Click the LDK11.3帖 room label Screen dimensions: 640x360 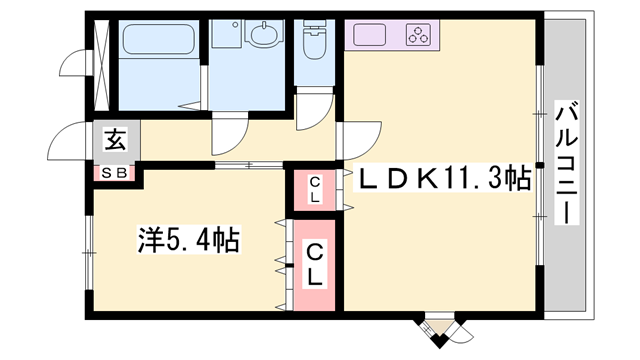[x=445, y=179]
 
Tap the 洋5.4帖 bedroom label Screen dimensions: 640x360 [x=189, y=240]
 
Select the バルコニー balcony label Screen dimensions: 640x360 [x=567, y=164]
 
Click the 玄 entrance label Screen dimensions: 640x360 [x=116, y=140]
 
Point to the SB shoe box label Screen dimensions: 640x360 [x=114, y=173]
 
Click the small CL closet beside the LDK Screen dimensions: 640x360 [x=315, y=190]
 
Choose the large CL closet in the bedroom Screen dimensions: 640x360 [x=314, y=265]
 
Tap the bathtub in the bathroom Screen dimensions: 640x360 [x=158, y=39]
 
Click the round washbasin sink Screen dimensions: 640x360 [x=264, y=35]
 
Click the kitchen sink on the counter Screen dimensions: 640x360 [x=369, y=35]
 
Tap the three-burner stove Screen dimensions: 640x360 [x=418, y=35]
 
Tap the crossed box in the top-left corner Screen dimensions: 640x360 [x=101, y=64]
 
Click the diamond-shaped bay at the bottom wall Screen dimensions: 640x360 [x=440, y=330]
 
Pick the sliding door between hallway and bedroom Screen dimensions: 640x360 [x=249, y=165]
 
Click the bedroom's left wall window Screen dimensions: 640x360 [x=89, y=253]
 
